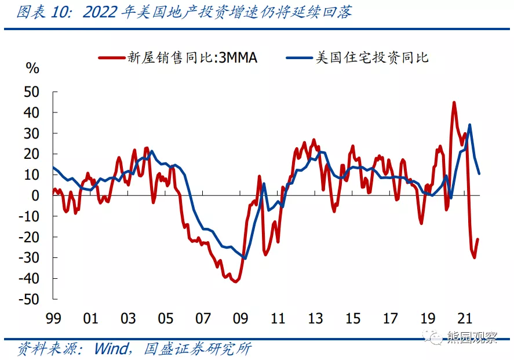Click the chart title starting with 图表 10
184,12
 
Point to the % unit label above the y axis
32,68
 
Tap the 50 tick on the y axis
31,92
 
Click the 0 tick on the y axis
35,195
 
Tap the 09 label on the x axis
240,318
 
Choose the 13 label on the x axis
315,318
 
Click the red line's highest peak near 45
454,103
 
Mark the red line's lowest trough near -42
235,282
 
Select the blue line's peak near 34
469,125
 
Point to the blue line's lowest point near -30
245,258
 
